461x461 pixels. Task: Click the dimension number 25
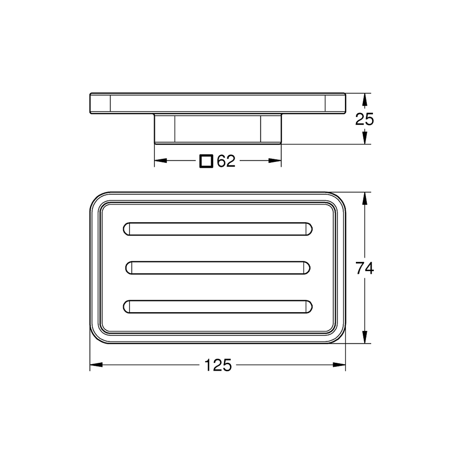364,119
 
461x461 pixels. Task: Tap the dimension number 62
226,161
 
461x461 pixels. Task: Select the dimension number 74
365,268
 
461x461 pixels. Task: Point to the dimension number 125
218,365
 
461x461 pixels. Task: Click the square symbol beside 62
206,161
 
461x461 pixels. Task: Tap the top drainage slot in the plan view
218,229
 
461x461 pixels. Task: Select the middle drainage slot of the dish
218,268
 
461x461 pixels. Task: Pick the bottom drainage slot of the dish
218,307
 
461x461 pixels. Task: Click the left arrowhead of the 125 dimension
96,365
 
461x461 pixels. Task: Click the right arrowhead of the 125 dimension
339,365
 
